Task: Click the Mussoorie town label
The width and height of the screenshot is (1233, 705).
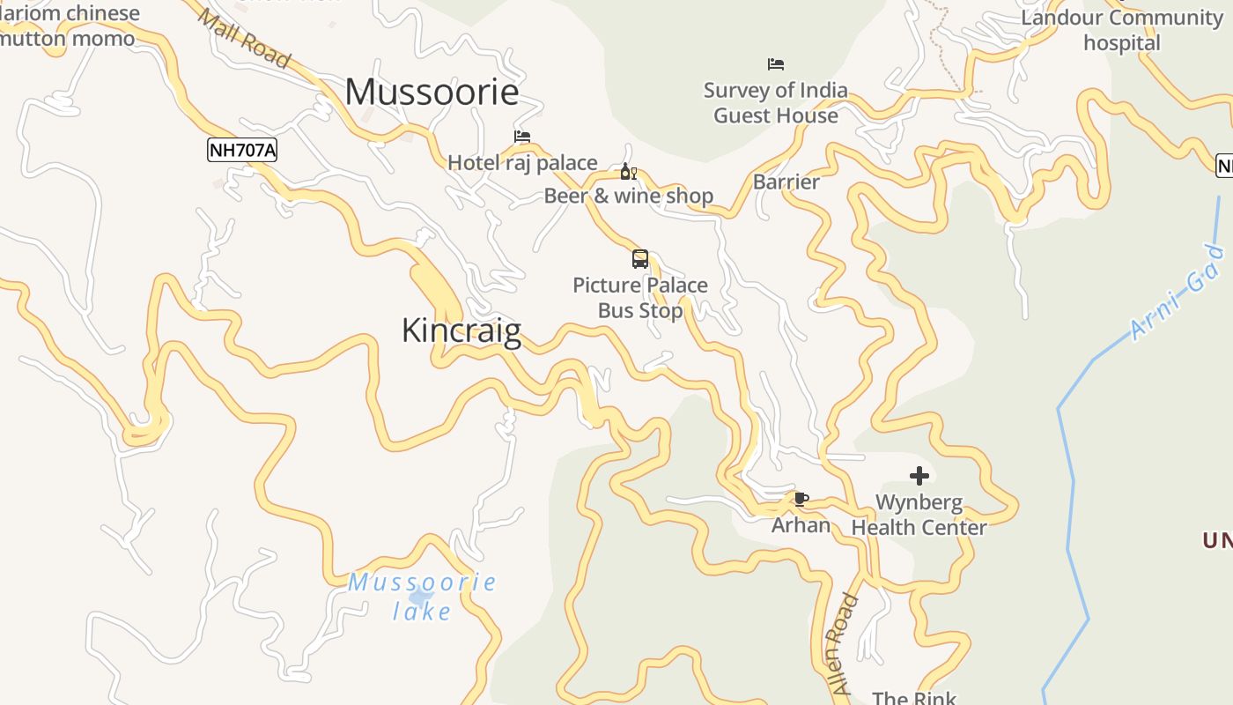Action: coord(432,93)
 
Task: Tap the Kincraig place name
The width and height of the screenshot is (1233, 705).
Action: coord(461,330)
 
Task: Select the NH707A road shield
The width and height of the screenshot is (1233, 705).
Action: coord(242,150)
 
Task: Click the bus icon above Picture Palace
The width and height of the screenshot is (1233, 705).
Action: coord(640,259)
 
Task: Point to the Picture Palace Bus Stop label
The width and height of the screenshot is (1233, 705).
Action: coord(640,298)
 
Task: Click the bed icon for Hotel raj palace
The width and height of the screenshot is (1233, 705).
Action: coord(522,137)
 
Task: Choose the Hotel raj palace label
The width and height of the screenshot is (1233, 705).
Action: coord(522,163)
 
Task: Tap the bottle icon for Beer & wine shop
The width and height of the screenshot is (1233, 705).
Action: coord(628,172)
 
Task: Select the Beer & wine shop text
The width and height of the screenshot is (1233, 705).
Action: coord(628,196)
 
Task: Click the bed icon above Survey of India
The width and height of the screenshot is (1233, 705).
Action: coord(776,64)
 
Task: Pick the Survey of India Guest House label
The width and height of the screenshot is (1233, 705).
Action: coord(776,103)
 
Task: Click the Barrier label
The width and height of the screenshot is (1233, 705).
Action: coord(786,182)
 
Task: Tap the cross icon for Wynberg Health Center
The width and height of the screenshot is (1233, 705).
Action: coord(919,477)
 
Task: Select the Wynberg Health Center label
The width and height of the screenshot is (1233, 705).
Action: coord(919,516)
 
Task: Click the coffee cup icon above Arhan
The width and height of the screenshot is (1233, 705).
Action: coord(801,500)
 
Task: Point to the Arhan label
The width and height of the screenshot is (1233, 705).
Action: coord(801,525)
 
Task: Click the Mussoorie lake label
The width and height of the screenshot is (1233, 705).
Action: coord(422,597)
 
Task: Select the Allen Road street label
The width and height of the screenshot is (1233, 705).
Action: coord(842,644)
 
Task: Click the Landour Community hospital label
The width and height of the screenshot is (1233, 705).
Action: coord(1122,30)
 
